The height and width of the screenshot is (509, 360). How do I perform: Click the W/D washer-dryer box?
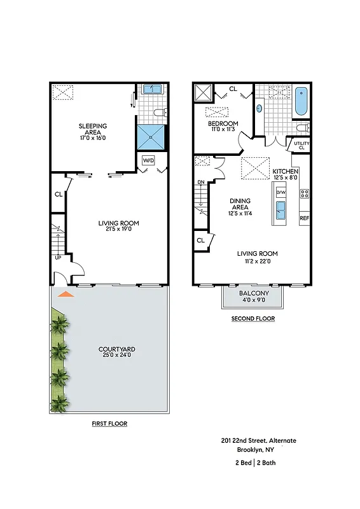point(149,160)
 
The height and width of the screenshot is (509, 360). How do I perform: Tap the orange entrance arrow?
point(65,294)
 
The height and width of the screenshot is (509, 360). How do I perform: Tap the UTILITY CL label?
point(301,146)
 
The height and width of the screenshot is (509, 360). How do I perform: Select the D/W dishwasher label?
point(280,192)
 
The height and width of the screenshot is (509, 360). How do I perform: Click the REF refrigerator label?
point(304,218)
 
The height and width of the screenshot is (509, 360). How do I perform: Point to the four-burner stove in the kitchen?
point(304,193)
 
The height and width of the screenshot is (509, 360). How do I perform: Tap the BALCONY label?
point(254,293)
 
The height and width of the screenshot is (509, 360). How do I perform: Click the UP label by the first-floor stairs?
point(58,258)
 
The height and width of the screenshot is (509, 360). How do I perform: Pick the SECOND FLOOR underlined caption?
point(253,319)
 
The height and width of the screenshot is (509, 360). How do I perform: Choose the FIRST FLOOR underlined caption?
point(109,423)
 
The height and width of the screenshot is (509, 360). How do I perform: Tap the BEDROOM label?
point(223,123)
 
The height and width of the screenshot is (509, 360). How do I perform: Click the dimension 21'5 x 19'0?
point(118,229)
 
